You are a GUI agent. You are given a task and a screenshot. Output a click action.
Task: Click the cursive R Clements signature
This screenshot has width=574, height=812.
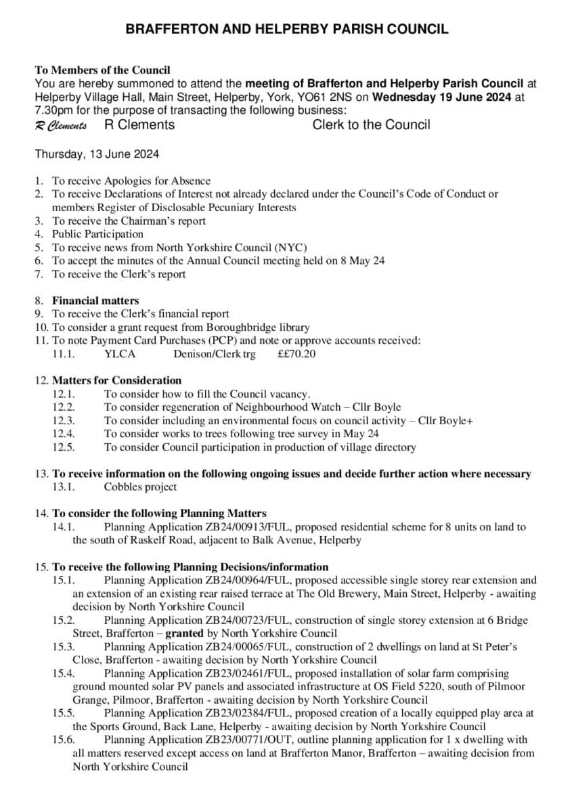tap(61, 126)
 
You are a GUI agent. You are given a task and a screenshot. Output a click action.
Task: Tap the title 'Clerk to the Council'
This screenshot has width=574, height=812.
tap(371, 125)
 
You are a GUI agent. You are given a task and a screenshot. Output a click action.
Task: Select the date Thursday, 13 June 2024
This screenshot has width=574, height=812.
tap(97, 154)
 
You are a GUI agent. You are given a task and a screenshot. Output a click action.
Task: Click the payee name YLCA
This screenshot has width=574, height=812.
tap(120, 354)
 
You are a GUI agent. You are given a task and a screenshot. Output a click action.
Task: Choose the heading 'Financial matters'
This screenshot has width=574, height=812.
tap(95, 300)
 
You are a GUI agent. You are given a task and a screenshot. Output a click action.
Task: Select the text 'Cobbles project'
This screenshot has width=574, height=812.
tap(140, 487)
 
